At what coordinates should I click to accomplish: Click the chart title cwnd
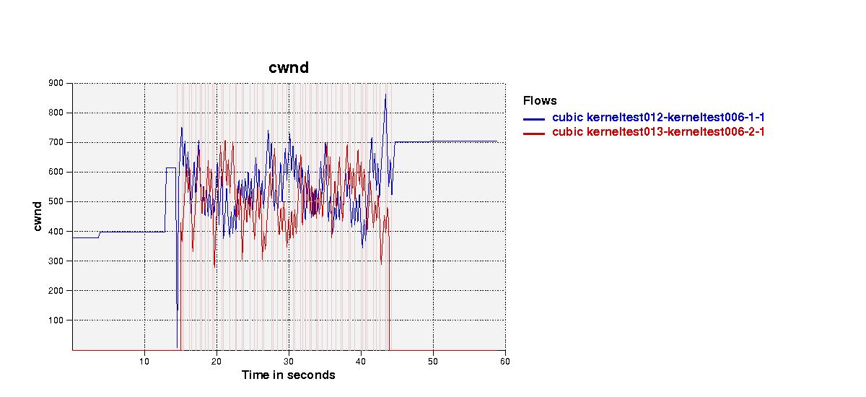pos(289,68)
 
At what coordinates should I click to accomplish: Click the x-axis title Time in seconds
pos(288,375)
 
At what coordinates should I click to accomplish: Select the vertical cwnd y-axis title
pos(37,217)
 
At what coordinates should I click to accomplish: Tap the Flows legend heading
pos(540,101)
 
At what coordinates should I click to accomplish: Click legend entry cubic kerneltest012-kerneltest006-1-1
pos(658,117)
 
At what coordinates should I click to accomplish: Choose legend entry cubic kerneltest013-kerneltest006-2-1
pos(658,132)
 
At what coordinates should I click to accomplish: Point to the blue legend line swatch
pos(534,119)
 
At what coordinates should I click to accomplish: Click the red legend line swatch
pos(534,134)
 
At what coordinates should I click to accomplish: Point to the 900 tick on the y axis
pos(56,83)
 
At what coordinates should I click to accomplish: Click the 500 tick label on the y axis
pos(56,201)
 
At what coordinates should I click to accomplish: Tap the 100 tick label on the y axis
pos(56,320)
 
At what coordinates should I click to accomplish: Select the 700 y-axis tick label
pos(56,142)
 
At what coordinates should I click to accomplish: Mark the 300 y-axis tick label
pos(56,261)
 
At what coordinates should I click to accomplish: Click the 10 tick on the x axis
pos(144,362)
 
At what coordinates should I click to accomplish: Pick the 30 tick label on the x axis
pos(289,362)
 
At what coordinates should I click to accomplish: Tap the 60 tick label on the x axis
pos(505,362)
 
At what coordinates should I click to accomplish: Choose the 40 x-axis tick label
pos(361,362)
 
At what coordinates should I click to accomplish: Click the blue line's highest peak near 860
pos(385,95)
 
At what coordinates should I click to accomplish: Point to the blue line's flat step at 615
pos(171,167)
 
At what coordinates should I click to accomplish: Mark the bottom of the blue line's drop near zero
pos(177,347)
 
